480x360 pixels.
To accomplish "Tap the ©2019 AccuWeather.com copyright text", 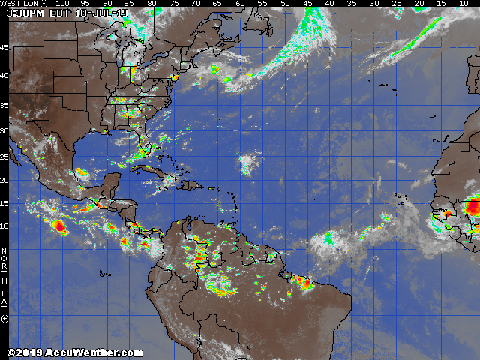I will (75, 352).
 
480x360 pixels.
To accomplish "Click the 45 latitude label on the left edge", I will (4, 48).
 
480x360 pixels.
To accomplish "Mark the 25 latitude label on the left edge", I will (4, 156).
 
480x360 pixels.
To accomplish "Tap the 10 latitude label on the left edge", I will (4, 226).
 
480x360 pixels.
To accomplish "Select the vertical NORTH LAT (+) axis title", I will (4, 285).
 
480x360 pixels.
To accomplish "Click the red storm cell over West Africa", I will (472, 205).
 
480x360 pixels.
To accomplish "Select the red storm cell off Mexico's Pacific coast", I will (58, 224).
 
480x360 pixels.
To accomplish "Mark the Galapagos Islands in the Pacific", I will (105, 274).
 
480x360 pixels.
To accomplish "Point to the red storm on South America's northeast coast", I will (304, 283).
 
